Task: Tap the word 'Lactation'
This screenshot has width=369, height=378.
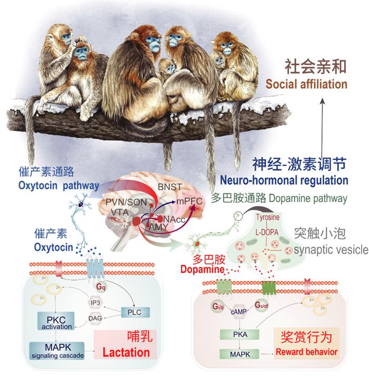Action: pyautogui.click(x=125, y=351)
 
